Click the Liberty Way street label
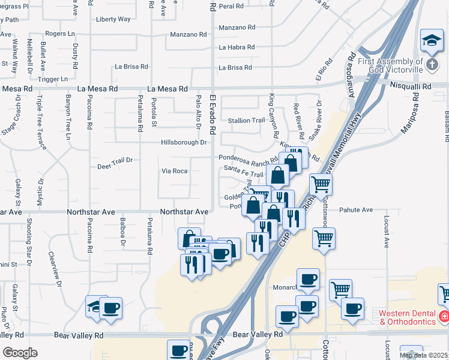tap(113, 19)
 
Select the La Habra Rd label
tap(237, 47)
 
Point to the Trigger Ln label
tap(53, 79)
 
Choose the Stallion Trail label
tap(246, 121)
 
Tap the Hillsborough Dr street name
tap(184, 142)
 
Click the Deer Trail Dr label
tap(115, 161)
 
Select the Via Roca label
tap(175, 171)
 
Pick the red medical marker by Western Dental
tap(444, 316)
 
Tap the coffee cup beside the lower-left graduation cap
tap(111, 308)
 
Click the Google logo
tap(20, 353)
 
